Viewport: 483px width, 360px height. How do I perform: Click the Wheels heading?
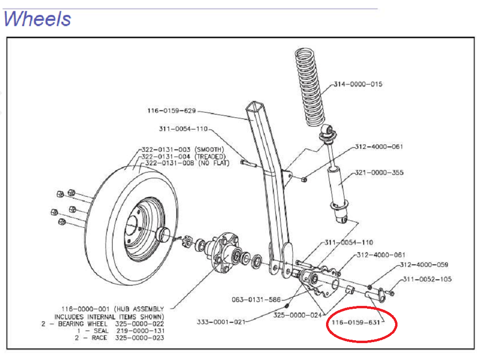tap(37, 19)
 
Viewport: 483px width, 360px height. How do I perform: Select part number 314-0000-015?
tap(358, 84)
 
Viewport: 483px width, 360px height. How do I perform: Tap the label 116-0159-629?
tap(171, 111)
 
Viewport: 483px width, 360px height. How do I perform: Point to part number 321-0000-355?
tap(379, 173)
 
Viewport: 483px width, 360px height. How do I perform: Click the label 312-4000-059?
tap(424, 265)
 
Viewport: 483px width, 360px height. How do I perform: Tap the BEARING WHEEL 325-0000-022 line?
tap(103, 323)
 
